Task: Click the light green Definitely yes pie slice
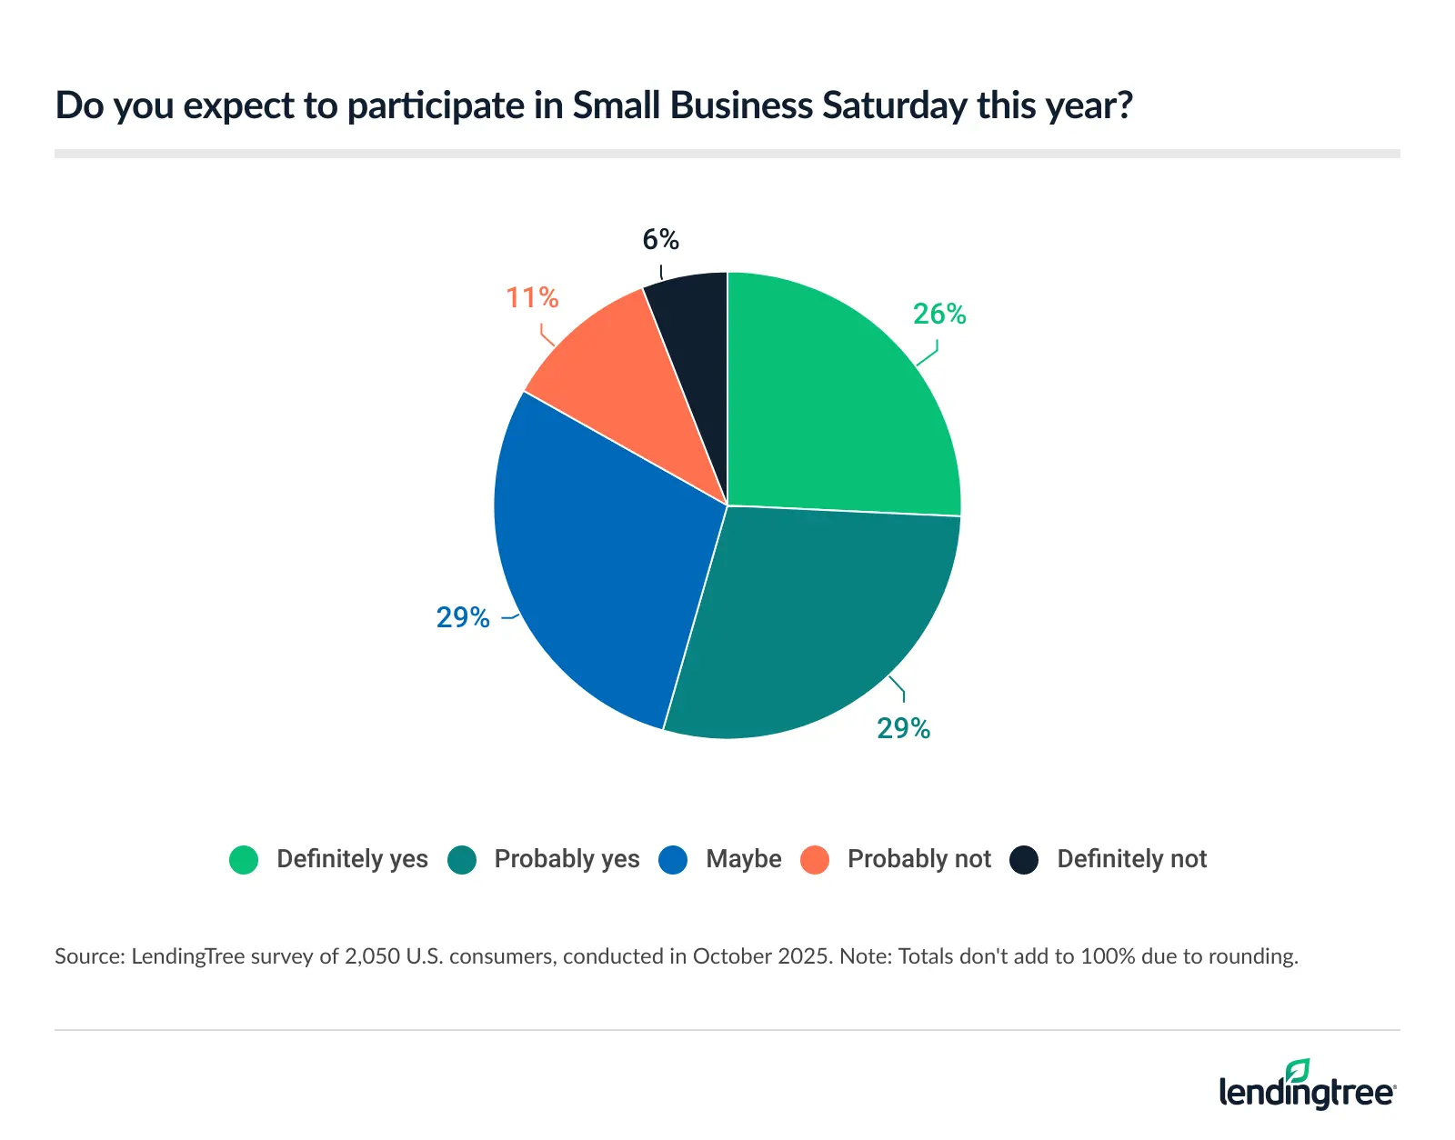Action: [x=837, y=400]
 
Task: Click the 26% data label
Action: [x=939, y=314]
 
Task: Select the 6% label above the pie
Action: [x=660, y=239]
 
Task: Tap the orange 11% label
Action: [x=532, y=297]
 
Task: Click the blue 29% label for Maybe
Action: [x=463, y=617]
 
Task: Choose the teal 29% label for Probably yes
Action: [x=903, y=728]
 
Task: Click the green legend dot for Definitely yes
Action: [x=244, y=859]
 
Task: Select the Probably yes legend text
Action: [x=567, y=859]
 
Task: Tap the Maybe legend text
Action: [x=743, y=859]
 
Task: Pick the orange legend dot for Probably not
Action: [x=815, y=859]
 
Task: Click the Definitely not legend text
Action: [x=1131, y=859]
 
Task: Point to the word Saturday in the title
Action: [x=895, y=105]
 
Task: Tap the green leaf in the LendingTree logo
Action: [x=1298, y=1071]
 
